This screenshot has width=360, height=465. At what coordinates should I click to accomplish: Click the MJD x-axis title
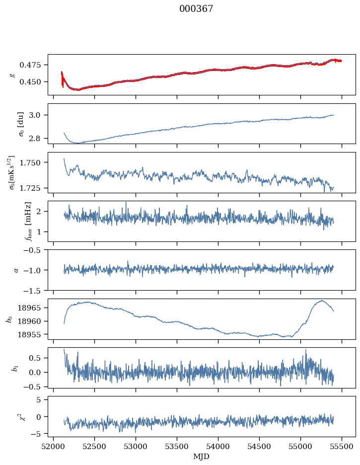[x=201, y=456]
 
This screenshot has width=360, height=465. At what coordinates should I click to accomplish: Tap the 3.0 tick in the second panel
[x=38, y=115]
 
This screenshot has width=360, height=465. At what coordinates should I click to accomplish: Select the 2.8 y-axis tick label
[x=38, y=138]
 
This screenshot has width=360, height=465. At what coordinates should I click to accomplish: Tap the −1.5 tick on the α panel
[x=34, y=290]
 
